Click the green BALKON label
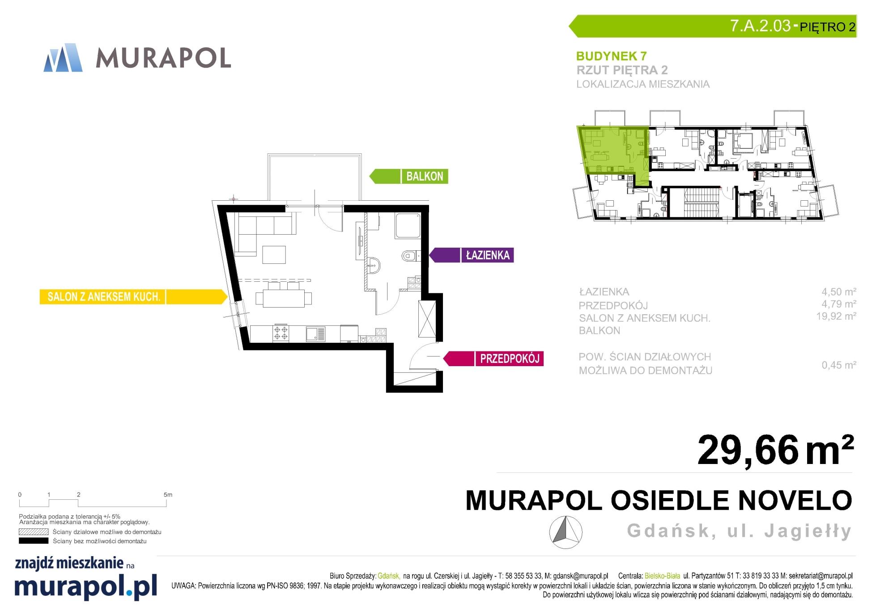(x=408, y=176)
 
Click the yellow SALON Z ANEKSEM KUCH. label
(x=133, y=297)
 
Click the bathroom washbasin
(x=375, y=266)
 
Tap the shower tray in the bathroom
(x=408, y=226)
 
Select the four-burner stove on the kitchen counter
(x=281, y=333)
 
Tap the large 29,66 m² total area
(x=776, y=450)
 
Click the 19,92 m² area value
(x=836, y=316)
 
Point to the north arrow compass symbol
(x=566, y=532)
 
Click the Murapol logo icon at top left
(x=63, y=58)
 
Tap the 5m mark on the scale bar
(x=168, y=495)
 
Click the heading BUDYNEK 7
(x=611, y=56)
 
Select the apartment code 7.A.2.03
(x=760, y=25)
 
